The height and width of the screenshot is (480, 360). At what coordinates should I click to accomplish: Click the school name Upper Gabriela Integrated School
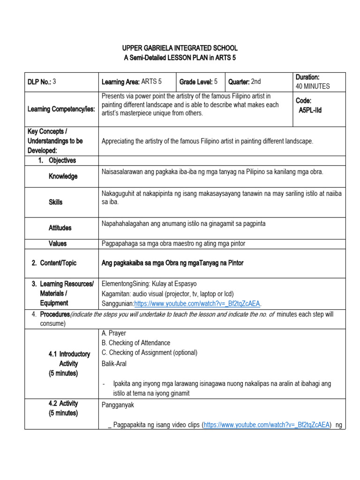tap(180, 48)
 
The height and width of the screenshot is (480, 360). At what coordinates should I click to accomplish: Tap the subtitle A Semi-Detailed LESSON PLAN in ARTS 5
tap(180, 58)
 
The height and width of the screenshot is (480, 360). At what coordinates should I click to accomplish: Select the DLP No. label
tap(39, 82)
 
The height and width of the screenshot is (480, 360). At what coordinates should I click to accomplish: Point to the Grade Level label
tap(196, 82)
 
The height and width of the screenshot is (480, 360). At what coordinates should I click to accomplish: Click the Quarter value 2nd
tap(255, 82)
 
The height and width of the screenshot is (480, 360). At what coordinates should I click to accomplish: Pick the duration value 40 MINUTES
tap(313, 86)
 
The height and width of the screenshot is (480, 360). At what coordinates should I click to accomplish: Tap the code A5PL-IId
tap(310, 110)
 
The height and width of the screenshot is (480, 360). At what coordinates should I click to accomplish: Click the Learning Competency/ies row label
tap(61, 109)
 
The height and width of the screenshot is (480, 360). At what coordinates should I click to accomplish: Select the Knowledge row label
tap(63, 176)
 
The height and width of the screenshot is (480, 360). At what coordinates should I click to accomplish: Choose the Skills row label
tap(55, 202)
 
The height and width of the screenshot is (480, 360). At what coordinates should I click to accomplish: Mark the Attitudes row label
tap(60, 228)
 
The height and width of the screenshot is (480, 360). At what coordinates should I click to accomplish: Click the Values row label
tap(57, 243)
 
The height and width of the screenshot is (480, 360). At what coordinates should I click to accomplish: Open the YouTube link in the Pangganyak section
tap(267, 425)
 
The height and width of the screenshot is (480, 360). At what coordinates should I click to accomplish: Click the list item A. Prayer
tap(114, 333)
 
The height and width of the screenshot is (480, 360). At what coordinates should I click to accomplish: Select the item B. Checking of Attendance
tap(136, 343)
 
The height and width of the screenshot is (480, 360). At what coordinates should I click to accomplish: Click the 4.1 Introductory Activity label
tap(69, 364)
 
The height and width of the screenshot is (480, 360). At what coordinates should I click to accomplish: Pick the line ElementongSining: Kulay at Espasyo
tap(149, 284)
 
